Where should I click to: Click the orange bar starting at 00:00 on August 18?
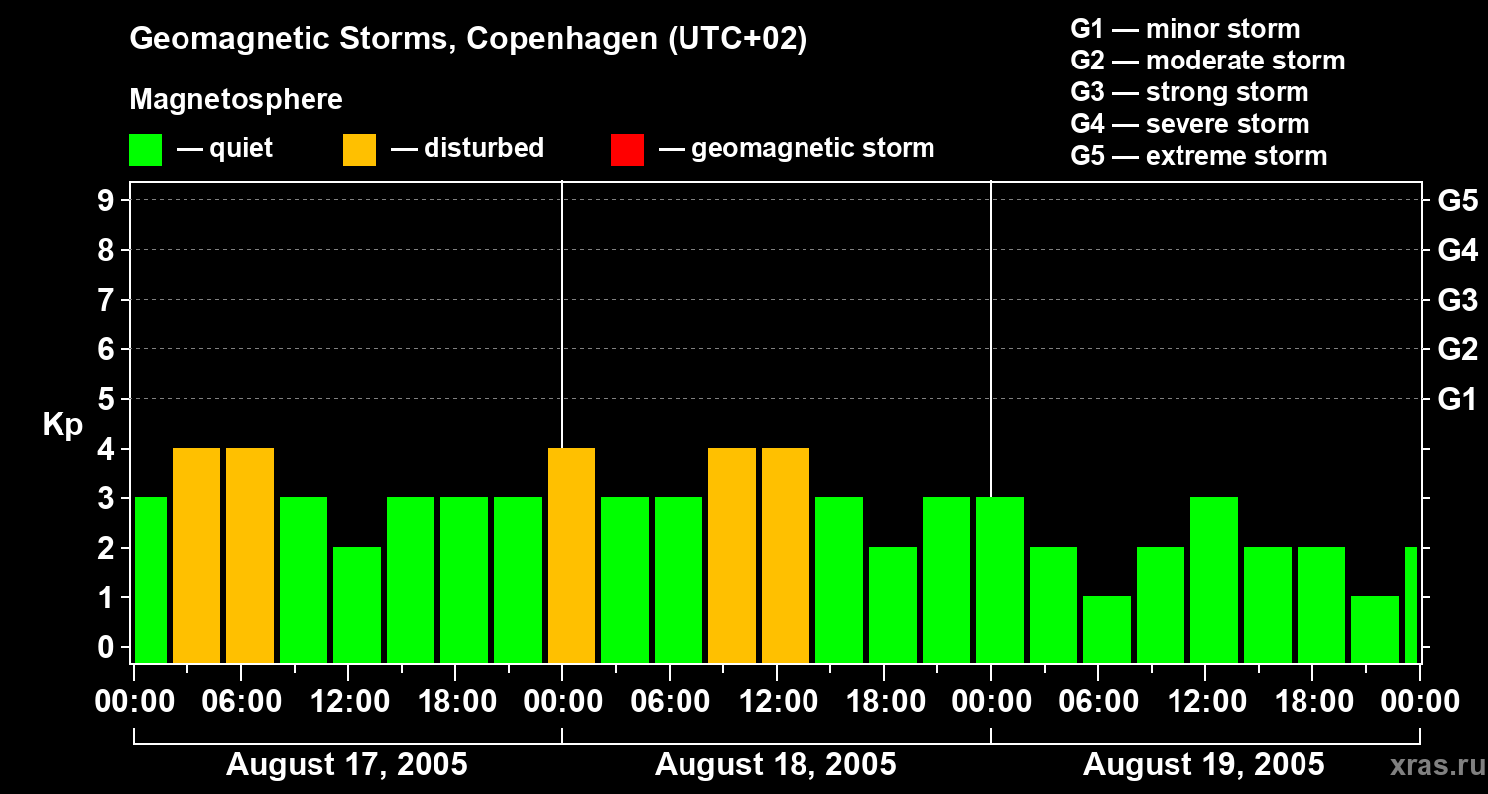571,555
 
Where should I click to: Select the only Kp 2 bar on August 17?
357,604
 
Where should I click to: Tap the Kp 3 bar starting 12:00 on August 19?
1214,580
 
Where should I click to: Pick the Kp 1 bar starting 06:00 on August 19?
1107,629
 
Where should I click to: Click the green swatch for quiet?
146,150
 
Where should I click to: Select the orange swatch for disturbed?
360,150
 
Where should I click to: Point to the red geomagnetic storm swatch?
628,150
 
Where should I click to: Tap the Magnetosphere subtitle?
236,100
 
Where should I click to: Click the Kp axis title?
62,425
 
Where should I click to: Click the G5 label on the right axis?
1457,201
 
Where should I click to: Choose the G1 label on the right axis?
1457,400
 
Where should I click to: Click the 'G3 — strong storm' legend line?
1189,92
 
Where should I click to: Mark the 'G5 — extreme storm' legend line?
1198,156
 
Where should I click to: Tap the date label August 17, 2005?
347,765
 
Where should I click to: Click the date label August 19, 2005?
1203,765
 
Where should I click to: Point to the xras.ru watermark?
1429,765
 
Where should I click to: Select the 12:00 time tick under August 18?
778,702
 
